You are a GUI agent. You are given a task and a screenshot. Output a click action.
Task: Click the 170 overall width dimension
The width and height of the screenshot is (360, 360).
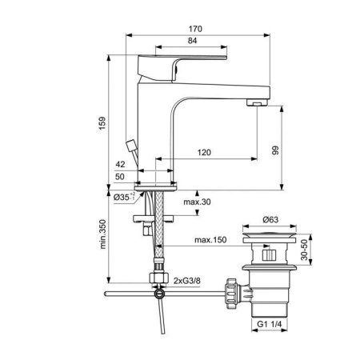(196, 30)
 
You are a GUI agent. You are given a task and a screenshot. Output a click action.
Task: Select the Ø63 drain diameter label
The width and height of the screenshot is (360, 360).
(271, 218)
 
